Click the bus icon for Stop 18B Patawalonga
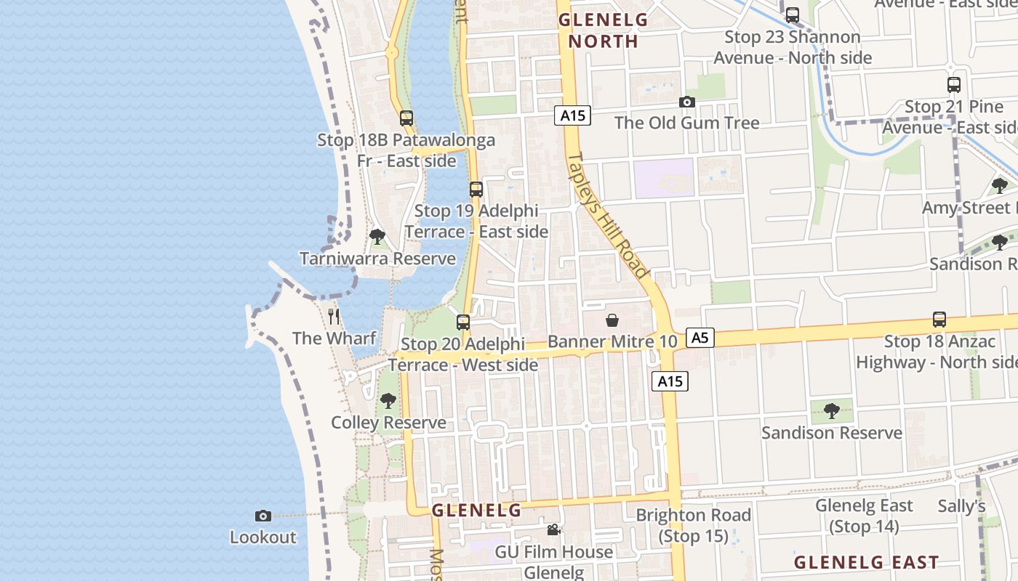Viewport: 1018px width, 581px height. pyautogui.click(x=406, y=118)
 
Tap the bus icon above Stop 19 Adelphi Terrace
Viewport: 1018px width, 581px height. pyautogui.click(x=476, y=190)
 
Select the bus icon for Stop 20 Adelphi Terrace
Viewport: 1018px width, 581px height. pyautogui.click(x=463, y=322)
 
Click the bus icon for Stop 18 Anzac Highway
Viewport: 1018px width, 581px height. pyautogui.click(x=939, y=320)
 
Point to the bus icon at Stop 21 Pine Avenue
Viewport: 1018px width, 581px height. pyautogui.click(x=954, y=85)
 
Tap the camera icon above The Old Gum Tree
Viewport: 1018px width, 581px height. pyautogui.click(x=686, y=102)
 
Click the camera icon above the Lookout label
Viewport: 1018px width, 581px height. pyautogui.click(x=263, y=516)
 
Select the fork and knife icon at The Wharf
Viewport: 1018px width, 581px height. pyautogui.click(x=334, y=316)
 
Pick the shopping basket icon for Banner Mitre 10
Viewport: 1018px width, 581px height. pyautogui.click(x=612, y=320)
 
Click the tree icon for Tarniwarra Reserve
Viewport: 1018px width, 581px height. pyautogui.click(x=377, y=237)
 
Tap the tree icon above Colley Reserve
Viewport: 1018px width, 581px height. pyautogui.click(x=388, y=401)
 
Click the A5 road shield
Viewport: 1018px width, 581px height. pyautogui.click(x=700, y=338)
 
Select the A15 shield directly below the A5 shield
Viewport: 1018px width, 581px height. pyautogui.click(x=670, y=381)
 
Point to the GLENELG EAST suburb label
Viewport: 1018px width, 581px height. pyautogui.click(x=866, y=562)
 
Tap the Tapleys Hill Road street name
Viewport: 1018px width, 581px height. pyautogui.click(x=607, y=214)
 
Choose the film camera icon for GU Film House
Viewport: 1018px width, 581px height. pyautogui.click(x=553, y=530)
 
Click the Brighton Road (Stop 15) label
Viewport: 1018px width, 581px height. pyautogui.click(x=693, y=526)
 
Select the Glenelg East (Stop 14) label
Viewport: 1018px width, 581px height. pyautogui.click(x=864, y=516)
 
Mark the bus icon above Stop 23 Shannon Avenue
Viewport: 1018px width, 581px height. pyautogui.click(x=793, y=15)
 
